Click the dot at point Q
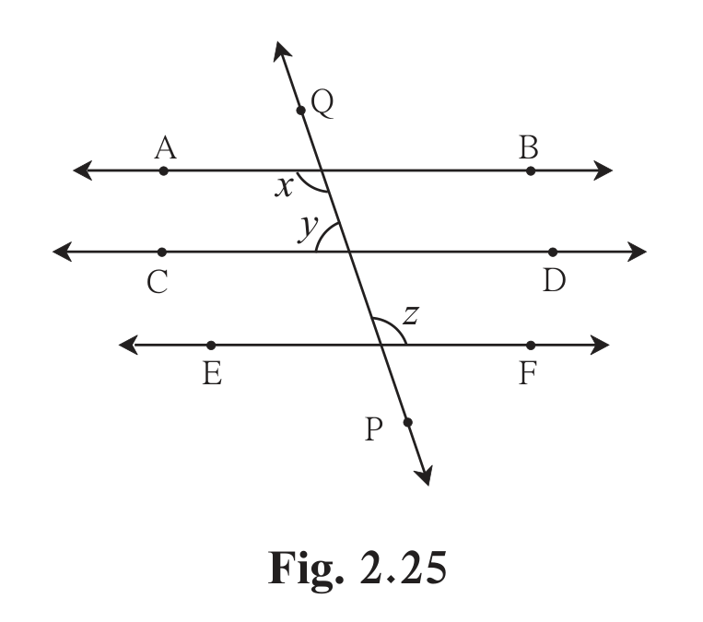pyautogui.click(x=301, y=111)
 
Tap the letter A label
pyautogui.click(x=166, y=148)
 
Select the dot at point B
pyautogui.click(x=531, y=170)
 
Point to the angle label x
pyautogui.click(x=284, y=187)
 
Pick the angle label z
pyautogui.click(x=411, y=315)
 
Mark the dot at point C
pyautogui.click(x=162, y=252)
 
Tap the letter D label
pyautogui.click(x=554, y=281)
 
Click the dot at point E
pyautogui.click(x=211, y=346)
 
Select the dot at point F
pyautogui.click(x=531, y=346)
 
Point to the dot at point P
pyautogui.click(x=407, y=422)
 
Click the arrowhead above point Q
pyautogui.click(x=281, y=50)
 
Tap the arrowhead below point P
pyautogui.click(x=425, y=476)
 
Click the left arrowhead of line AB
pyautogui.click(x=83, y=170)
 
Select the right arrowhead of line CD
pyautogui.click(x=637, y=252)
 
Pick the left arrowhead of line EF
pyautogui.click(x=128, y=345)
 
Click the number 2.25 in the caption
pyautogui.click(x=403, y=568)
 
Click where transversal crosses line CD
pyautogui.click(x=349, y=252)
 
